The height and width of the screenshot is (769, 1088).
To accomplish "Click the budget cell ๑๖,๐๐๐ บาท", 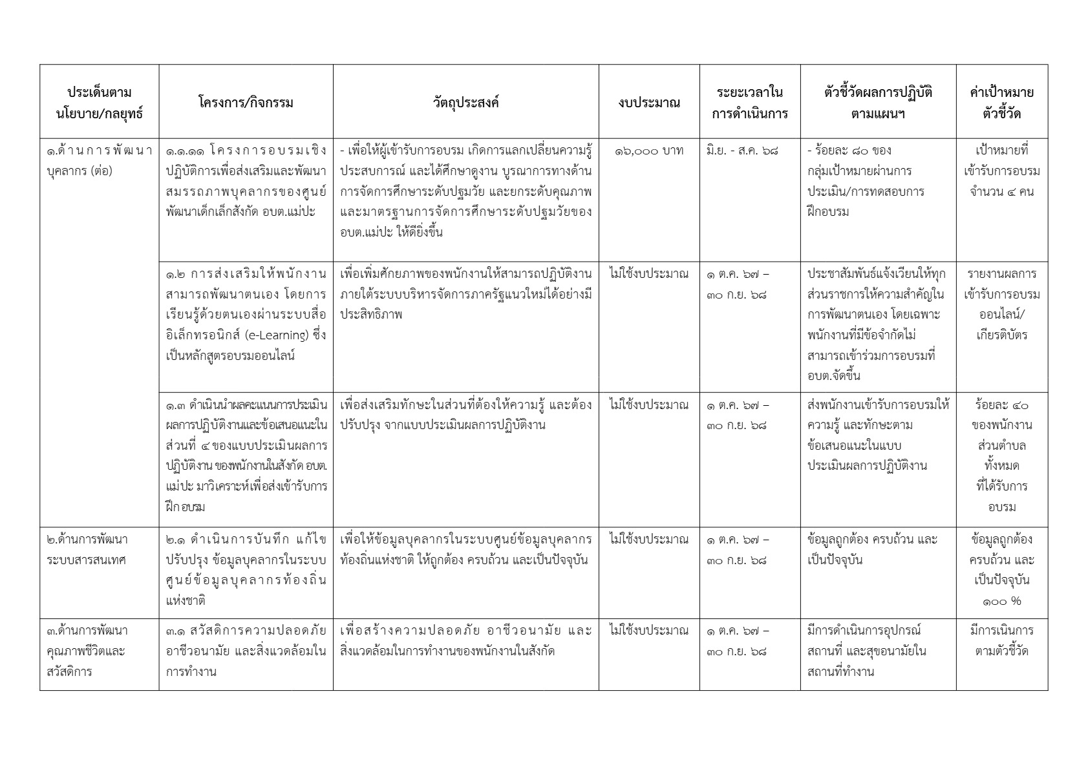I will (648, 151).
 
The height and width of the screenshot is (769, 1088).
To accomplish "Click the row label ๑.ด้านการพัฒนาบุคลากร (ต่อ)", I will (99, 162).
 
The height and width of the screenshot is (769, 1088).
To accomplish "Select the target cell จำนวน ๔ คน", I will (1001, 192).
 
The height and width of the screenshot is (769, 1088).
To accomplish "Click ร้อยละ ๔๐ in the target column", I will (1001, 406).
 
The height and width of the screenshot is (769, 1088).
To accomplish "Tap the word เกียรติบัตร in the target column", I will (1001, 335).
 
